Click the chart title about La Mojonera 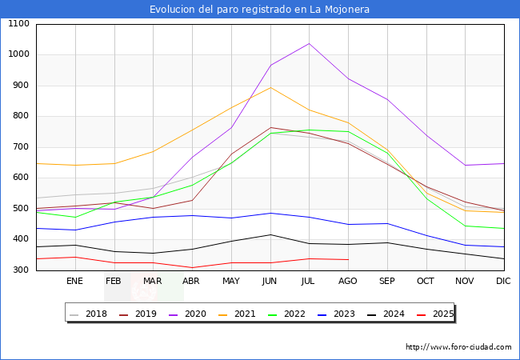(259, 10)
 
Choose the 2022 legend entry (294, 314)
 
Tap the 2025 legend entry (441, 314)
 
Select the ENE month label (74, 282)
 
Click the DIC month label (503, 282)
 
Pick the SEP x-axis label (386, 282)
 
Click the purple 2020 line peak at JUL (309, 43)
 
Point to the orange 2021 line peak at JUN (270, 87)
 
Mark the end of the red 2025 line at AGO (348, 259)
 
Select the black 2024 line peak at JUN (270, 234)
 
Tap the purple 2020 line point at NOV (465, 166)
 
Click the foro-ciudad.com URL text (458, 347)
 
